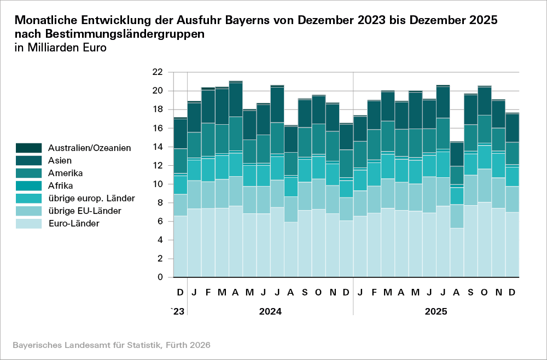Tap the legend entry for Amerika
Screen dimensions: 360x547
pos(65,173)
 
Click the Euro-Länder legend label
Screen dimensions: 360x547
pos(73,223)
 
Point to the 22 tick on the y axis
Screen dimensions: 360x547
pos(157,72)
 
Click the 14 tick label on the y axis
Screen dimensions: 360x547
pos(157,147)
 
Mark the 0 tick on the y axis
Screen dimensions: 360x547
pos(160,277)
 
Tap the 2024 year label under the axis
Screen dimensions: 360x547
pos(270,311)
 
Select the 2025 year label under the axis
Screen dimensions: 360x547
pos(436,311)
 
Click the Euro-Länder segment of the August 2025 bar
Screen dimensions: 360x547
pos(456,252)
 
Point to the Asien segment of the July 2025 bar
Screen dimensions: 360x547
pos(443,102)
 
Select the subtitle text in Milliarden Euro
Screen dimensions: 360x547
pos(60,48)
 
